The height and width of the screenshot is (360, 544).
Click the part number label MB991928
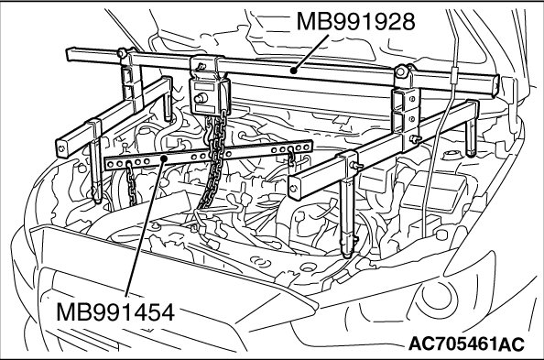tap(355, 21)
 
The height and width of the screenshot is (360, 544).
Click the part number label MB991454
tap(114, 312)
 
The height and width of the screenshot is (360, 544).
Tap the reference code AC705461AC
tap(466, 344)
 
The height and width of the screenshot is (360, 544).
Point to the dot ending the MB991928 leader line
tap(293, 71)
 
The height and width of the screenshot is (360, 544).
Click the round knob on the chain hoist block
tap(201, 99)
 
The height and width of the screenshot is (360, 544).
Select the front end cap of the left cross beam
tap(61, 148)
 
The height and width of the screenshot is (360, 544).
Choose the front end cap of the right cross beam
tap(294, 189)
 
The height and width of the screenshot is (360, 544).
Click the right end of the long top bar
tap(496, 85)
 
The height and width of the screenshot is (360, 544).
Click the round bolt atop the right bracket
tap(401, 71)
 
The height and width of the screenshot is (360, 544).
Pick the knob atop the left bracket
tap(122, 53)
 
